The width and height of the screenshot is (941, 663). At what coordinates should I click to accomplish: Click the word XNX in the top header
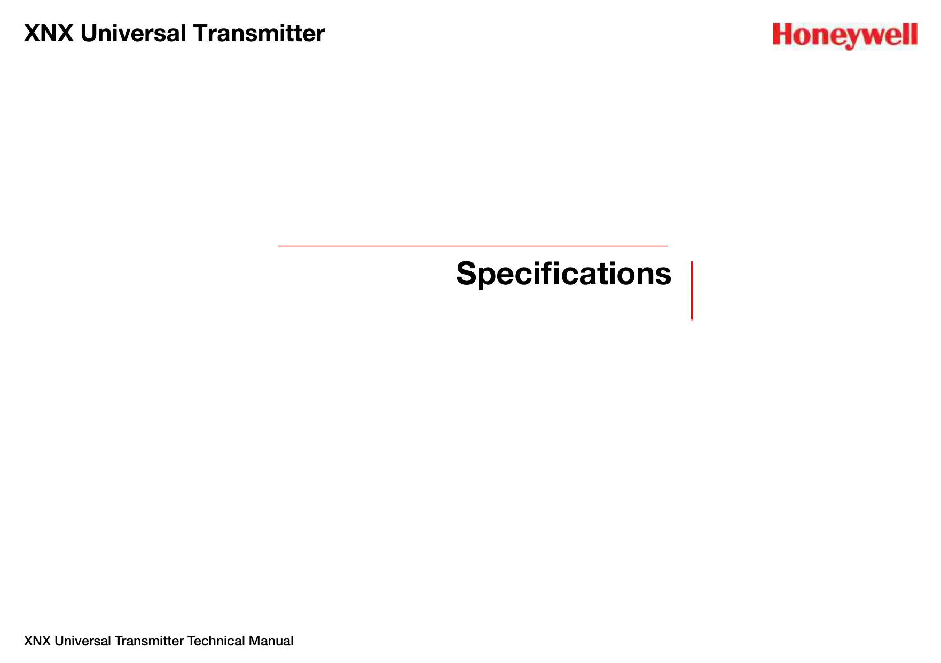pos(49,33)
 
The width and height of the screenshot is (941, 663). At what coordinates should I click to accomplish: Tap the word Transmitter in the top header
pos(259,33)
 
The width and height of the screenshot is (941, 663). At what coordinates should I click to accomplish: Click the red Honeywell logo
pos(845,36)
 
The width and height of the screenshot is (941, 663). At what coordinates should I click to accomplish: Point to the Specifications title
pos(563,274)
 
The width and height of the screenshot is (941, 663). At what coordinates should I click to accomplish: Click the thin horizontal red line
pos(473,246)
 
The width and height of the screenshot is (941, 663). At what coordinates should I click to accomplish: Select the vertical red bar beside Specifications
pos(692,291)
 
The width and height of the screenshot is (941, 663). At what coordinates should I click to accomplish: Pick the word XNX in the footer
pos(37,641)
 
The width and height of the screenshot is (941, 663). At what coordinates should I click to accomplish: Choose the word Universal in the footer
pos(83,641)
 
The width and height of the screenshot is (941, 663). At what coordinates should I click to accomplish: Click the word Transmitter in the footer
pos(150,641)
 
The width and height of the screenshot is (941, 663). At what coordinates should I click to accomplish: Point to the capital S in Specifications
pos(467,274)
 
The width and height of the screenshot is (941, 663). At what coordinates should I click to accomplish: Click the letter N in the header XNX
pos(48,33)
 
